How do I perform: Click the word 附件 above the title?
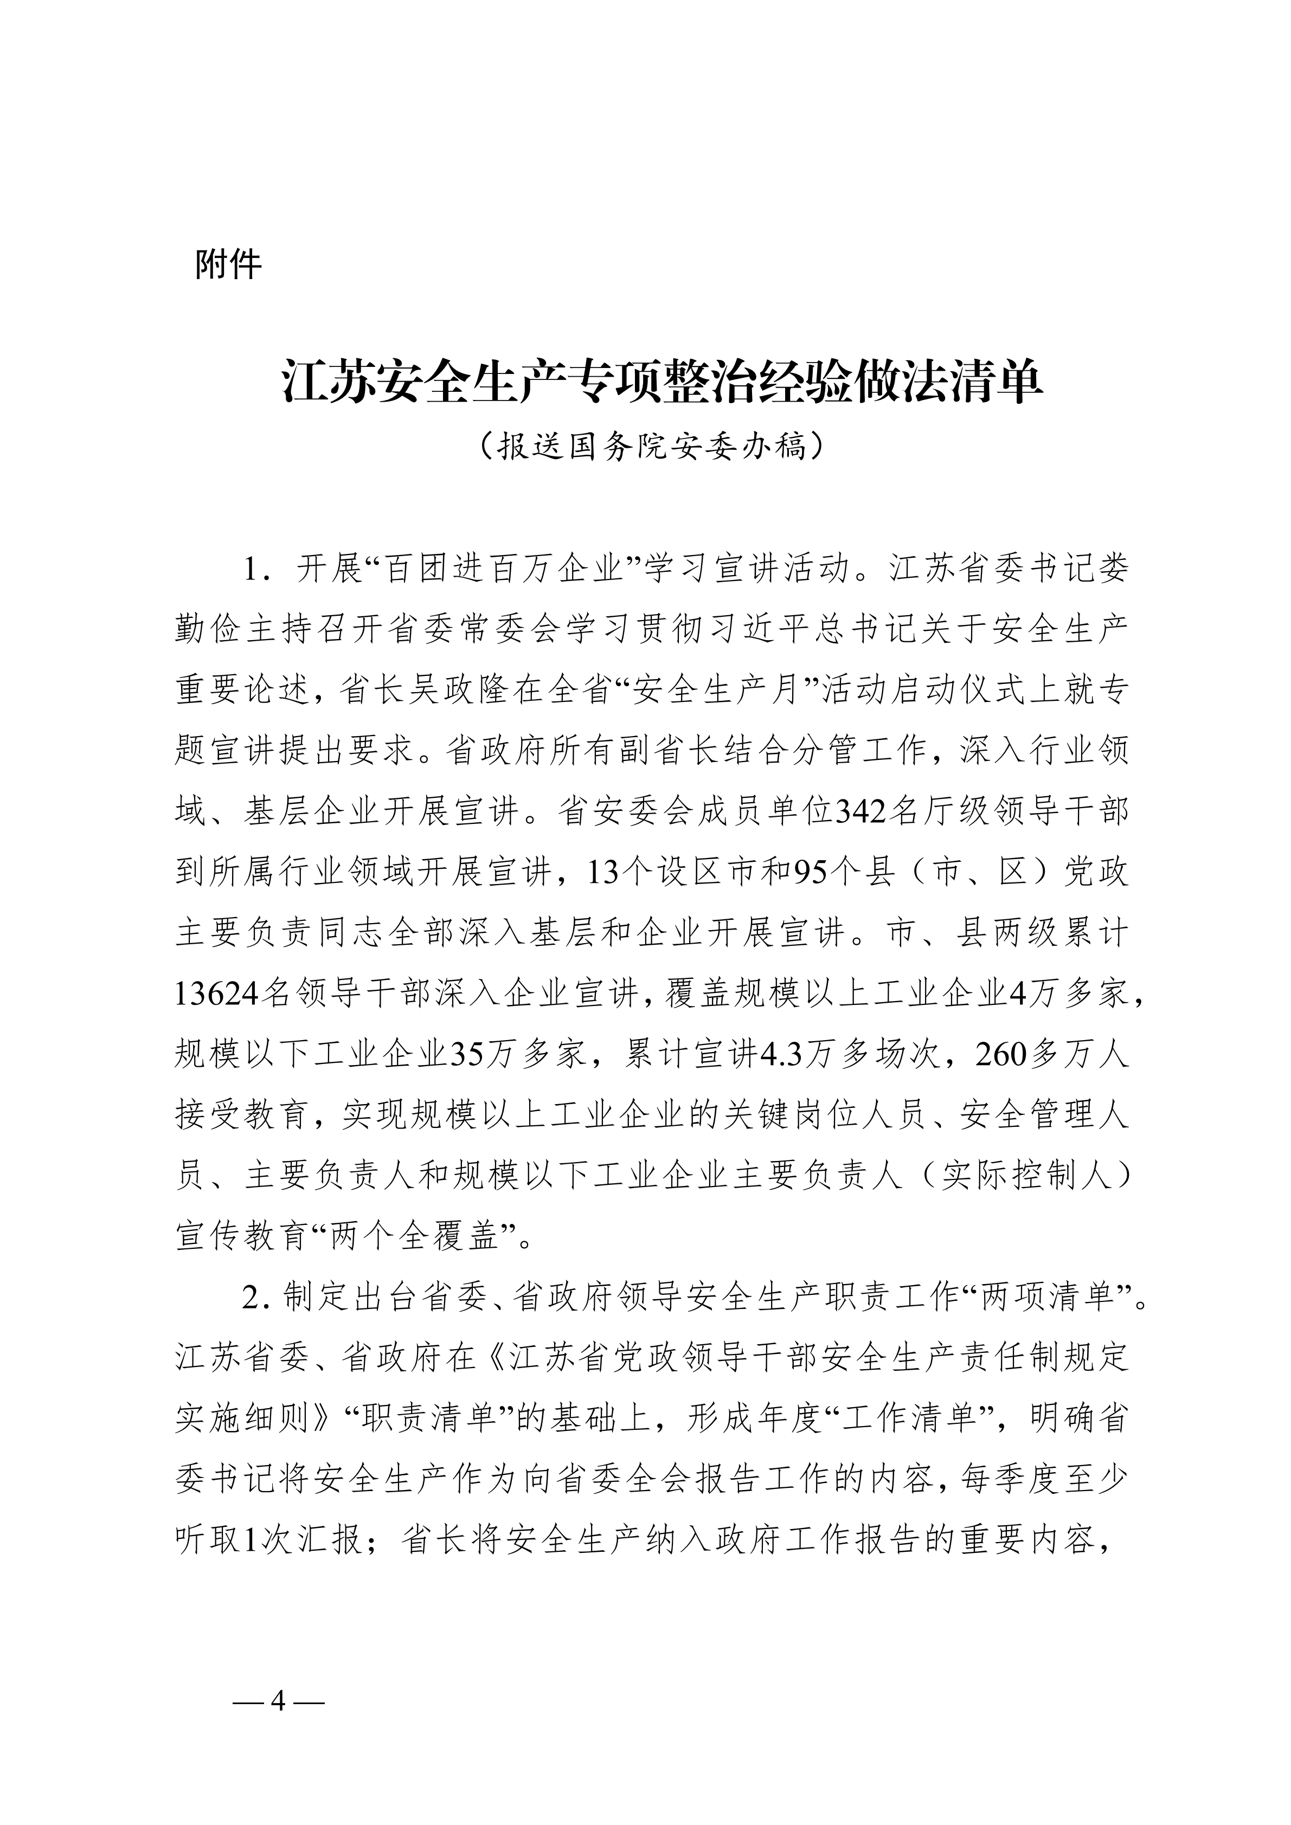pyautogui.click(x=228, y=265)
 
